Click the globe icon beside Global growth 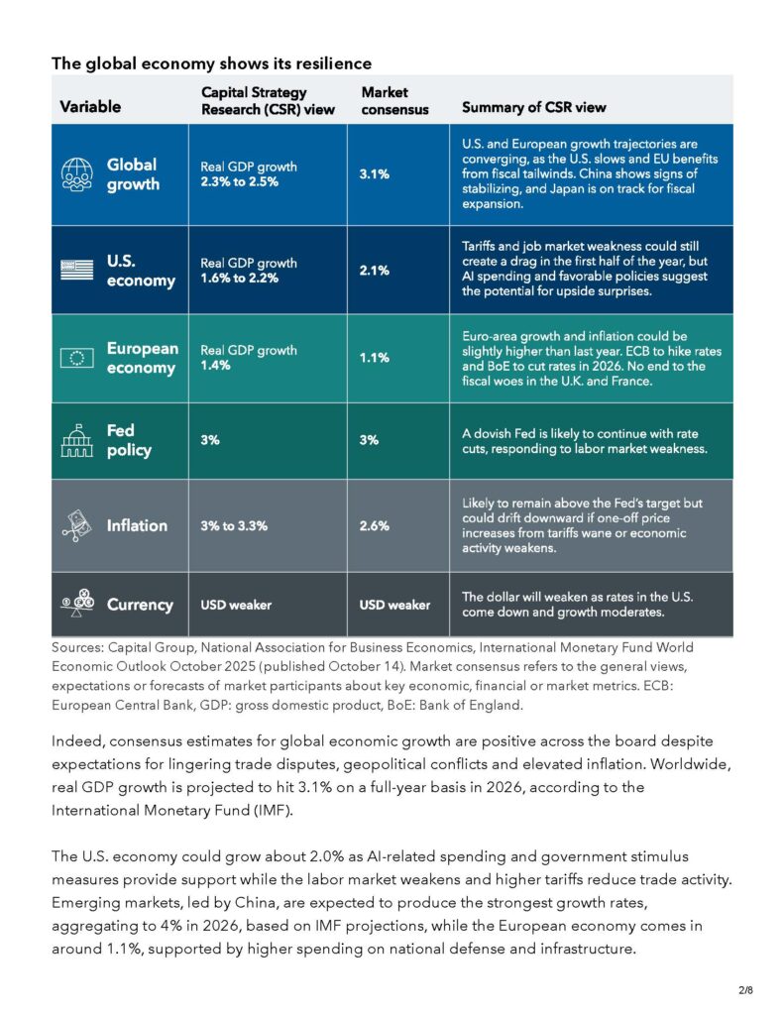click(76, 174)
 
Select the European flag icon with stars click(76, 358)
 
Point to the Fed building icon click(76, 440)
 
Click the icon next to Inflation click(76, 525)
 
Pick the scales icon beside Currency click(76, 604)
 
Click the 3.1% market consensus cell click(374, 174)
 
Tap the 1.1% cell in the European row click(374, 358)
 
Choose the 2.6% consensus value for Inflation click(374, 525)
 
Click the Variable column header click(90, 107)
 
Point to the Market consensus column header click(394, 100)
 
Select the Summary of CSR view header click(534, 107)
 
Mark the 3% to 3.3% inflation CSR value click(236, 525)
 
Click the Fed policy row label click(129, 440)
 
